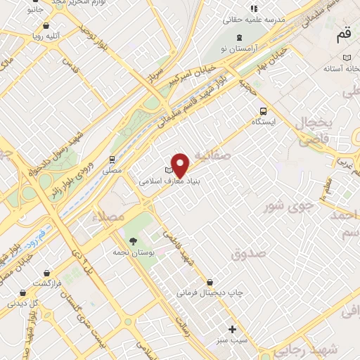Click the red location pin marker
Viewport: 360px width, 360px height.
point(181,165)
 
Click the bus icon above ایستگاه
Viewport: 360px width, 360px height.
point(263,110)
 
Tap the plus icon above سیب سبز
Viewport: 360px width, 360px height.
point(233,328)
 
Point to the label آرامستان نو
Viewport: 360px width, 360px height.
point(241,48)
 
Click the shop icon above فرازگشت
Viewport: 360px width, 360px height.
point(46,272)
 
